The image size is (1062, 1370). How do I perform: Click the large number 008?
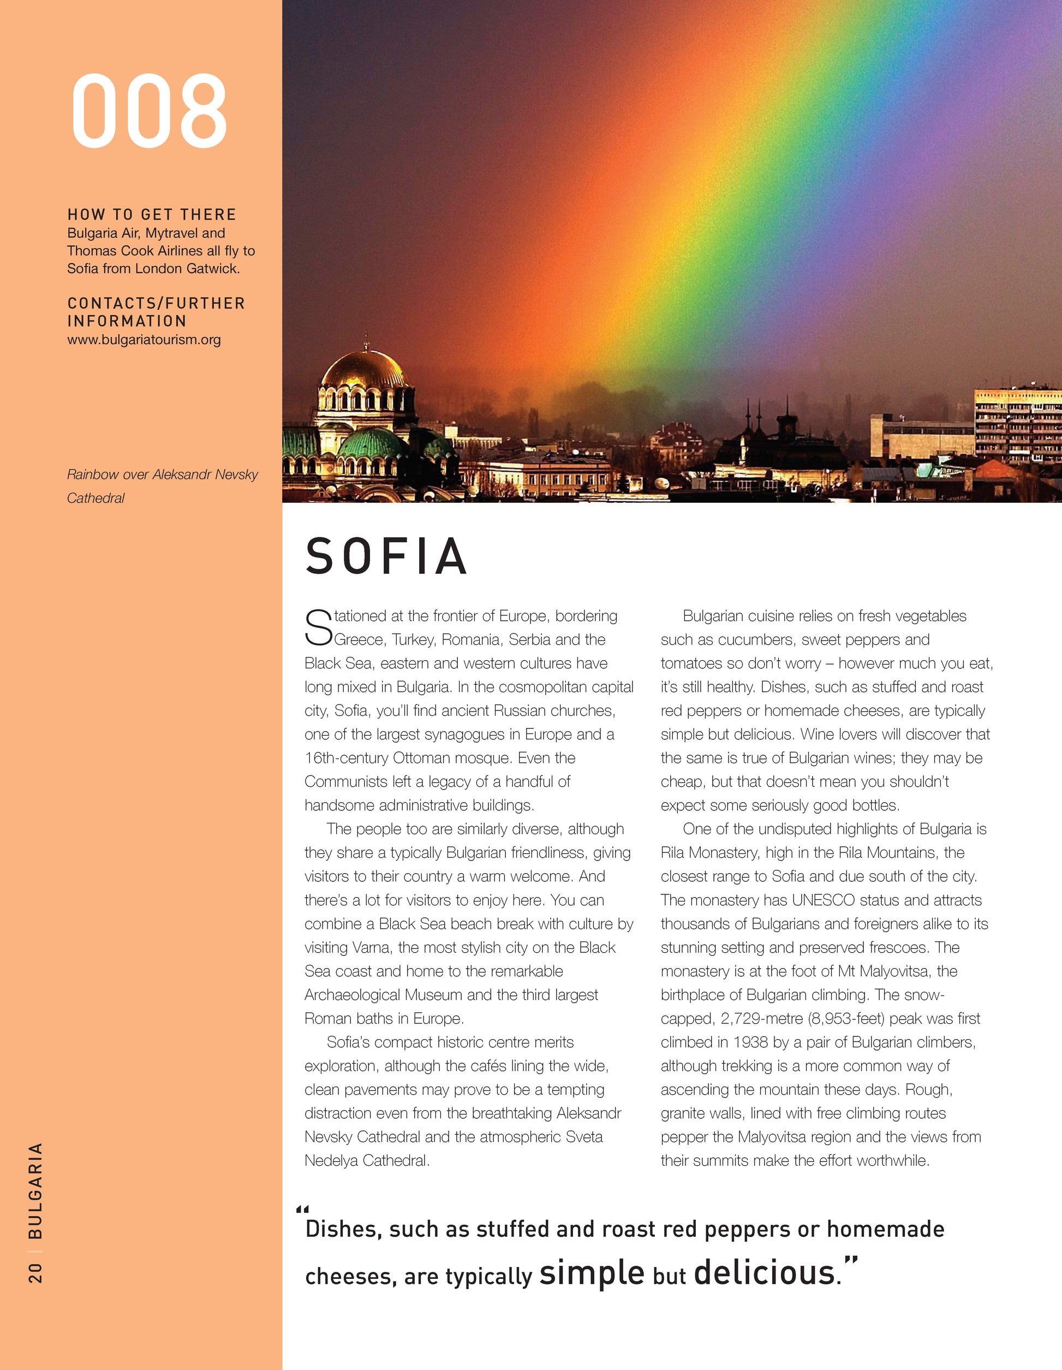[149, 111]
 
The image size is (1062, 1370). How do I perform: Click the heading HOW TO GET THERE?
[152, 215]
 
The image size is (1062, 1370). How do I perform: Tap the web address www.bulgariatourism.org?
[144, 340]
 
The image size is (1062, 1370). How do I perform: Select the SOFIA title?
[386, 556]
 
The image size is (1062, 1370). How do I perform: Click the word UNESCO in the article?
[823, 900]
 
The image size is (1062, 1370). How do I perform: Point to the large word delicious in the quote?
[764, 1273]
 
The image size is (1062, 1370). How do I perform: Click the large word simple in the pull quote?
[591, 1273]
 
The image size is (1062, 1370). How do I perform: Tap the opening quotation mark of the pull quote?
[302, 1209]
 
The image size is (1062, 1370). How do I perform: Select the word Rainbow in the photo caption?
[92, 475]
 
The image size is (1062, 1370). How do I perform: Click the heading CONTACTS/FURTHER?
[156, 304]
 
